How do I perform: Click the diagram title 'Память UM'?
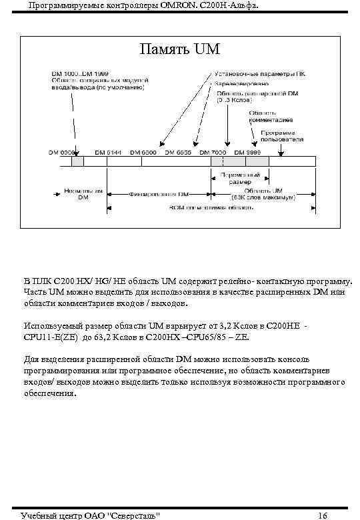click(x=179, y=49)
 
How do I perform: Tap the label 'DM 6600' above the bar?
click(x=144, y=152)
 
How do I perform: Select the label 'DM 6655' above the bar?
click(x=178, y=152)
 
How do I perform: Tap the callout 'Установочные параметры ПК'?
click(x=259, y=73)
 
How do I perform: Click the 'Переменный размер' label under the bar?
click(x=237, y=177)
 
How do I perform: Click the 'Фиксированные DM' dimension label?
click(x=161, y=194)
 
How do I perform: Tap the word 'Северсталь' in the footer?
click(x=133, y=515)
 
